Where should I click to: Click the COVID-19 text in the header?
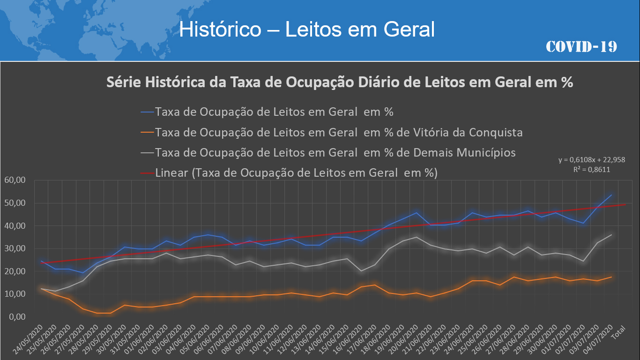click(x=581, y=46)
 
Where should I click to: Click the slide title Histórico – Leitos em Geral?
click(x=307, y=30)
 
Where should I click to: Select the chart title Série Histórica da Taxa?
click(x=340, y=82)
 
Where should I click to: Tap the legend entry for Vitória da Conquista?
click(x=338, y=132)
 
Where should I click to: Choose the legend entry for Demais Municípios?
click(x=335, y=152)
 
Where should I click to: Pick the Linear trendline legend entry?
click(x=296, y=172)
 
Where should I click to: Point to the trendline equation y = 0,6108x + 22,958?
click(x=592, y=160)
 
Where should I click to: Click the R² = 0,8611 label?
click(x=592, y=169)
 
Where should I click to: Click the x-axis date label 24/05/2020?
click(x=28, y=337)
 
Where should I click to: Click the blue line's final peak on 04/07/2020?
click(x=611, y=195)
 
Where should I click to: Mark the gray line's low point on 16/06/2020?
click(x=360, y=271)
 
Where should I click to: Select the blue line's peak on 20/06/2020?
click(x=416, y=213)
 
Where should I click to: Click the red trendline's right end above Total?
click(x=625, y=204)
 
